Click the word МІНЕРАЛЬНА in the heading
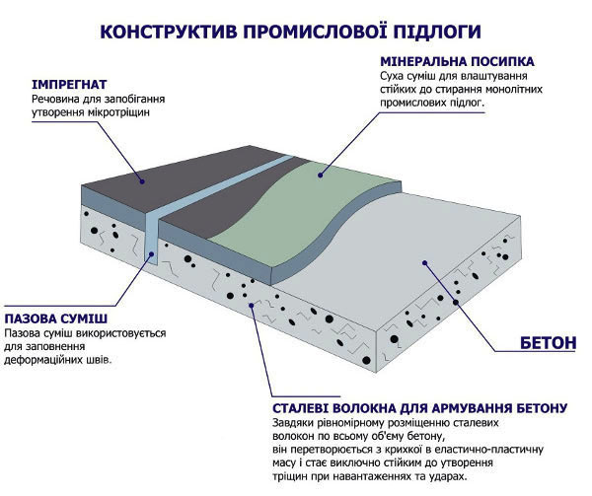[422, 60]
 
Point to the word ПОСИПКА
[508, 60]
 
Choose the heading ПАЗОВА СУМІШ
[56, 320]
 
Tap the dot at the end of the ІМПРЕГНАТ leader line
[140, 181]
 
